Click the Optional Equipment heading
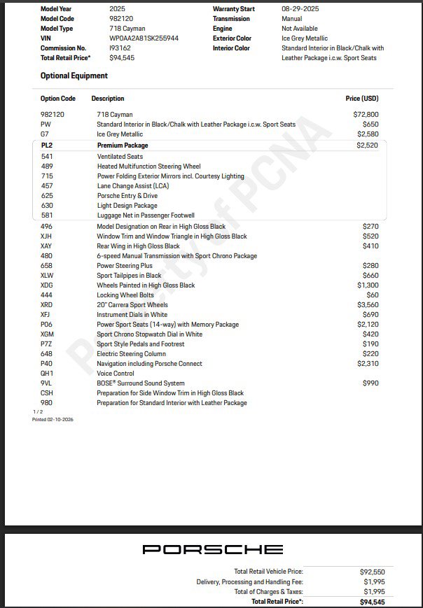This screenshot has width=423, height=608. click(x=74, y=76)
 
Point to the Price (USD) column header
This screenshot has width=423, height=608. click(x=362, y=99)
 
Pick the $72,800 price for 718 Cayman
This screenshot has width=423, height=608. click(x=366, y=114)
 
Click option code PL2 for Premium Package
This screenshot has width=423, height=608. click(x=47, y=146)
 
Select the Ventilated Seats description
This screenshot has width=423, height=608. click(x=120, y=157)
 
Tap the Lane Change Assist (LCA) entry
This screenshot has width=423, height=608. click(x=132, y=186)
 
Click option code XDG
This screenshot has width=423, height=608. click(x=47, y=285)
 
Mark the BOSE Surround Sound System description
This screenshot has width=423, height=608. click(x=141, y=383)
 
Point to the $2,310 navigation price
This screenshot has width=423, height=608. click(x=367, y=364)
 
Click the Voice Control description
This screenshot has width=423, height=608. click(x=116, y=374)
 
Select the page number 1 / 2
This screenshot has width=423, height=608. click(x=37, y=411)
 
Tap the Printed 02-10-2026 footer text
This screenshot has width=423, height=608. click(x=53, y=419)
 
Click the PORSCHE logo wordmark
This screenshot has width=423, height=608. click(x=212, y=549)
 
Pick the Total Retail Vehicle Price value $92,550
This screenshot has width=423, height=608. click(x=372, y=572)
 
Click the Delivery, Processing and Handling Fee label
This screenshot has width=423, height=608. click(x=250, y=582)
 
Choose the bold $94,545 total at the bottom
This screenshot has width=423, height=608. click(x=372, y=602)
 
